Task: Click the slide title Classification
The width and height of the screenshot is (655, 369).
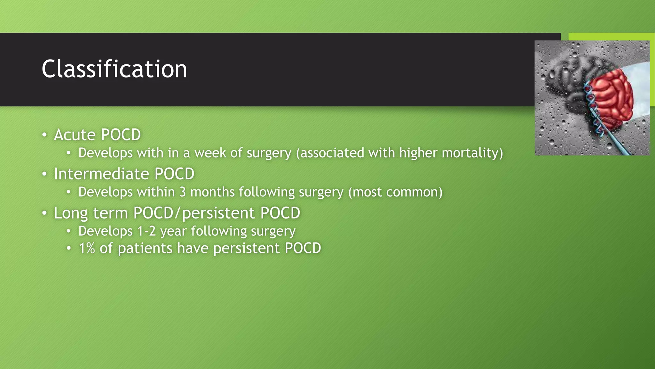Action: click(x=114, y=69)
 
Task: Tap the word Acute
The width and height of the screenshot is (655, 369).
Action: click(x=75, y=135)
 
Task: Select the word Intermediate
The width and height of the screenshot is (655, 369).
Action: click(x=101, y=174)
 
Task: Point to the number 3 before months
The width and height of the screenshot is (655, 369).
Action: click(x=182, y=192)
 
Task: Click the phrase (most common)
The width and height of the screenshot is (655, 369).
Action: click(x=395, y=192)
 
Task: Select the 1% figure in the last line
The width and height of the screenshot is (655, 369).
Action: click(x=87, y=249)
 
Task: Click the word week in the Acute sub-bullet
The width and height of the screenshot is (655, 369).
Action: click(x=210, y=153)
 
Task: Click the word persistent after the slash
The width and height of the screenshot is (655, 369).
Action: click(x=218, y=213)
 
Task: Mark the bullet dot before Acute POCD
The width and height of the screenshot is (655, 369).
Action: click(x=44, y=135)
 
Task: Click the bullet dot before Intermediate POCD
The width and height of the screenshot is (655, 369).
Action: click(x=44, y=174)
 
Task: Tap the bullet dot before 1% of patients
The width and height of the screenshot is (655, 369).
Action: click(x=68, y=249)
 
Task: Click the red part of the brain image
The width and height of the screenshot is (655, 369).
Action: click(x=611, y=96)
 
